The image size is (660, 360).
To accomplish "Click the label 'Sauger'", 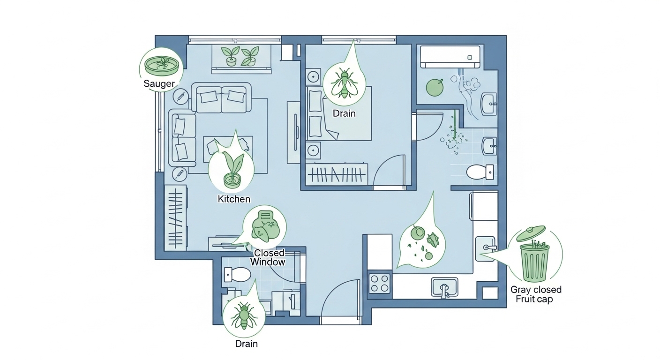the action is [x=159, y=83].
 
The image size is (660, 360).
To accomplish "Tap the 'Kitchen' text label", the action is [x=234, y=199].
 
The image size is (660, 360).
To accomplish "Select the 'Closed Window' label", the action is [x=268, y=257].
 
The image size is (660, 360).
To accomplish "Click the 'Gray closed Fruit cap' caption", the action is [x=536, y=294].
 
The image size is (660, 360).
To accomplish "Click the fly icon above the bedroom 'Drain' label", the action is [x=344, y=83].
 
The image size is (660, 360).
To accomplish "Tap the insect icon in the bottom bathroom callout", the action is [x=244, y=315].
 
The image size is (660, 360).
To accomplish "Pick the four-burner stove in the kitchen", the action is [x=380, y=284].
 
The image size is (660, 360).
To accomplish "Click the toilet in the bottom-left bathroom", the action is [x=237, y=275].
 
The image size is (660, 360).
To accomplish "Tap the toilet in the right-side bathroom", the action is [x=480, y=172].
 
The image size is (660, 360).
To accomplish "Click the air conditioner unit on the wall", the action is [x=450, y=57].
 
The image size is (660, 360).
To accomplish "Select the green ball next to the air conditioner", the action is [x=435, y=87].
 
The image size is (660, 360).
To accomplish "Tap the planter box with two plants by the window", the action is [x=241, y=59].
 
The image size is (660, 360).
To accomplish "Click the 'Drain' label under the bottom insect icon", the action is [x=246, y=344].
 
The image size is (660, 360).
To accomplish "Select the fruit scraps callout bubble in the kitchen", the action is [x=422, y=239].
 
